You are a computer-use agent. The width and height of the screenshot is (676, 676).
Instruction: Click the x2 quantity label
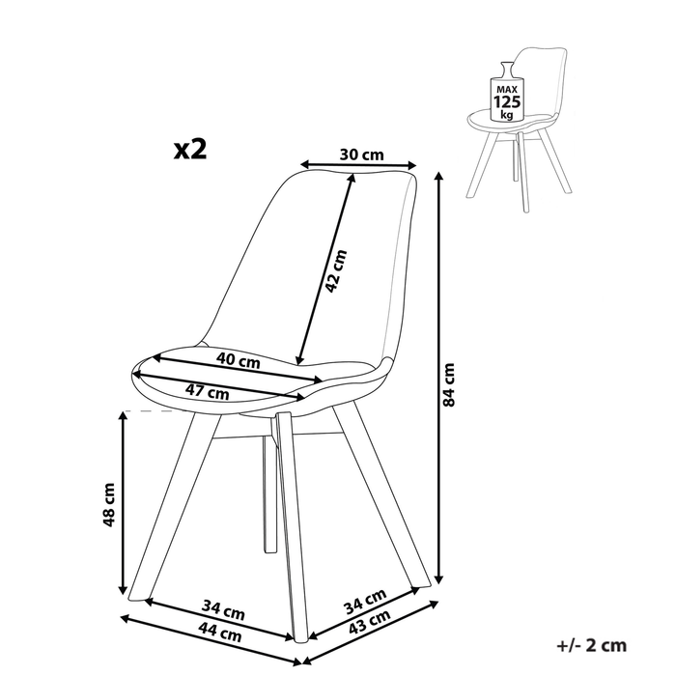tap(190, 150)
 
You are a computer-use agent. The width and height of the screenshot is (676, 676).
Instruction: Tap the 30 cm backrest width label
tap(361, 155)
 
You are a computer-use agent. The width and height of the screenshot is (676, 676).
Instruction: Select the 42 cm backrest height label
tap(335, 271)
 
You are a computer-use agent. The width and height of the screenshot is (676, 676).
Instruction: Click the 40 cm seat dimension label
tap(239, 360)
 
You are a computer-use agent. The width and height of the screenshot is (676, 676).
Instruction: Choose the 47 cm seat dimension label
tap(208, 391)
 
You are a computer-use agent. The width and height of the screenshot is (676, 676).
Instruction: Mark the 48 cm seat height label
tap(108, 504)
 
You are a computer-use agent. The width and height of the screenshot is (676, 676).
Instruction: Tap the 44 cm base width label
tap(220, 634)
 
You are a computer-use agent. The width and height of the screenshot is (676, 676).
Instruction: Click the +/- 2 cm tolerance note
tap(591, 645)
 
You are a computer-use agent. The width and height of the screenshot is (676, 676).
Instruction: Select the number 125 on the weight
tap(507, 102)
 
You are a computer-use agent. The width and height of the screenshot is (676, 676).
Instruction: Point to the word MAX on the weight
tap(507, 90)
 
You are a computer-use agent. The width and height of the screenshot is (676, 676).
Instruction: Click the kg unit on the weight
tap(507, 115)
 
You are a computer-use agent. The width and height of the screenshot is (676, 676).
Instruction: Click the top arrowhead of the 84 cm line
tap(438, 177)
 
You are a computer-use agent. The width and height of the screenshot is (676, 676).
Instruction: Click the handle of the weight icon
tap(507, 70)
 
